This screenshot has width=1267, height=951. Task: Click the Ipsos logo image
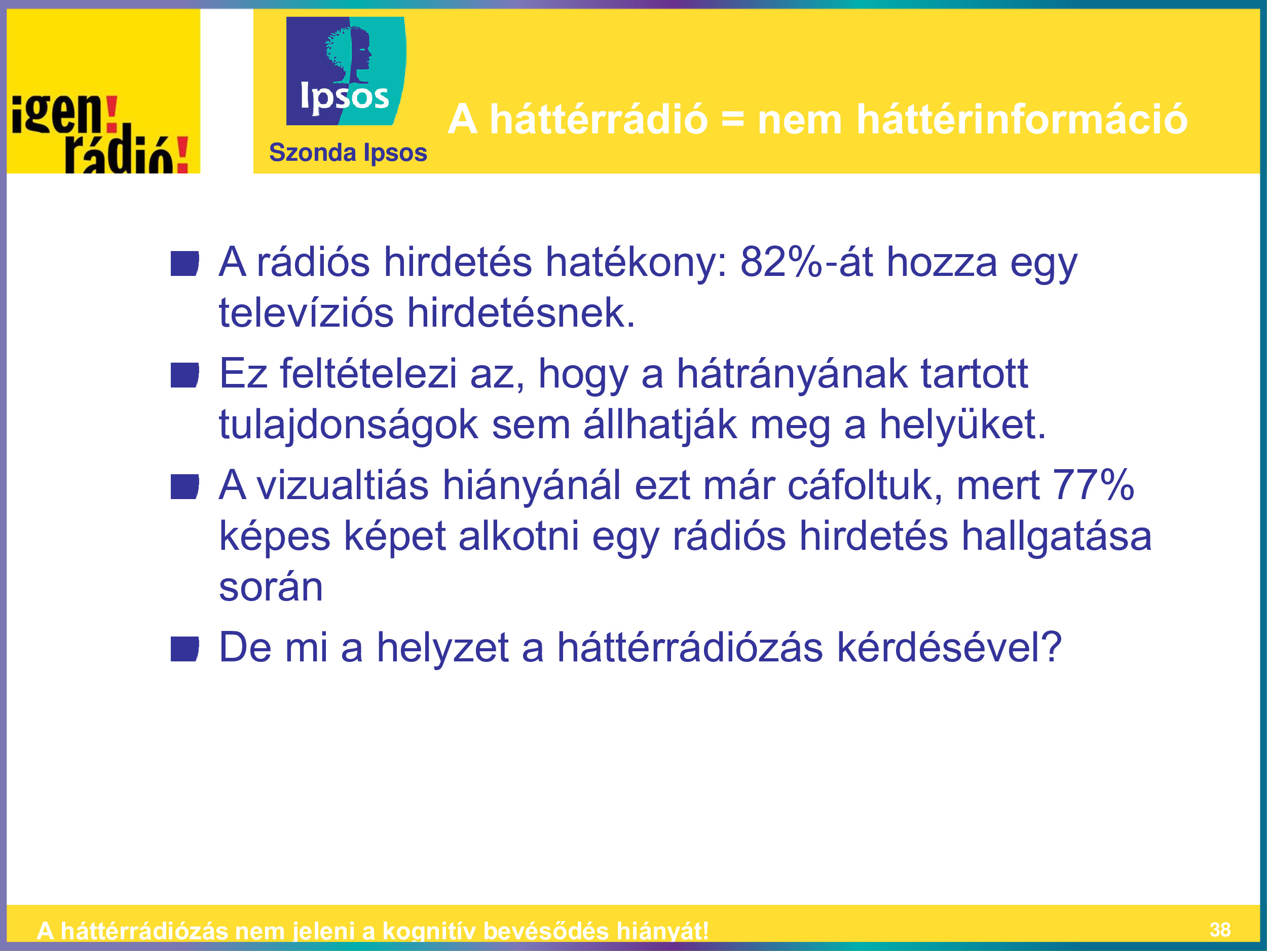[x=346, y=71]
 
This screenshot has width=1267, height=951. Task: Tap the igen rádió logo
[x=103, y=91]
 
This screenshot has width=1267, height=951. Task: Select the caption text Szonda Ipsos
[x=348, y=153]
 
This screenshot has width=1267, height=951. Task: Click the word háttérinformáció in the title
[x=1022, y=119]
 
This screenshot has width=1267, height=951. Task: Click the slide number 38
[x=1219, y=929]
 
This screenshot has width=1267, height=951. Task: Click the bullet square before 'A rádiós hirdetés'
[x=184, y=263]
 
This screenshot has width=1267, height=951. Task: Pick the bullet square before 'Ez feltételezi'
[x=184, y=375]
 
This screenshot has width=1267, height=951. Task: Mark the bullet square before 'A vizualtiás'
[x=184, y=487]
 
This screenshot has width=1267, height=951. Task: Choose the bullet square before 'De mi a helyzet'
[x=184, y=649]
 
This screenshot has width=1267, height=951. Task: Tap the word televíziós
[x=307, y=313]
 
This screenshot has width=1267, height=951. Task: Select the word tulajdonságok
[x=348, y=426]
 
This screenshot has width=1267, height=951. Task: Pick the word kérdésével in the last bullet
[x=949, y=647]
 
